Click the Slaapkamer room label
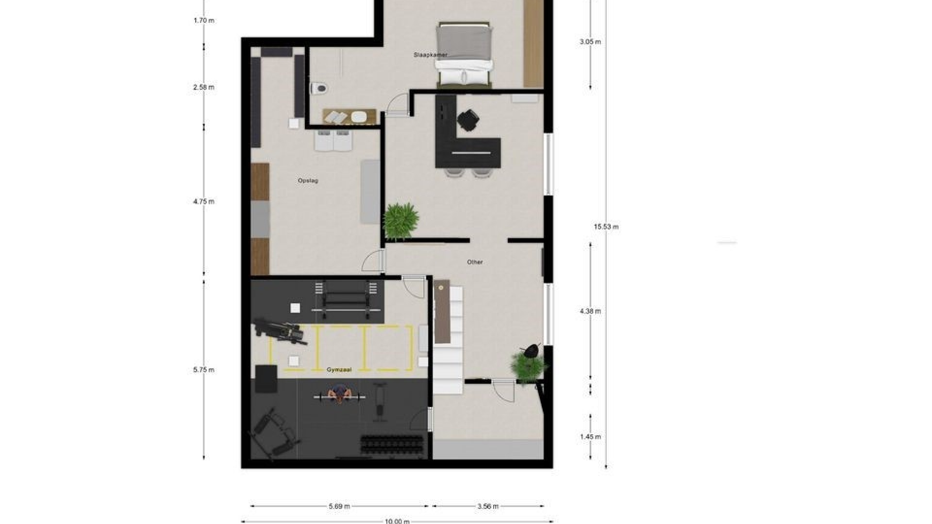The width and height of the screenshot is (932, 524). [x=430, y=55]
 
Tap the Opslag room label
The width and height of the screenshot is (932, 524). [x=308, y=180]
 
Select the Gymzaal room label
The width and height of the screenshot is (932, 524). [x=339, y=370]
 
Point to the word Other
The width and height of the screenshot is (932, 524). [x=475, y=262]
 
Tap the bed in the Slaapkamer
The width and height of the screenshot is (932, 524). [x=465, y=55]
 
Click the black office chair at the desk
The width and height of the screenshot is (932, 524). [x=467, y=120]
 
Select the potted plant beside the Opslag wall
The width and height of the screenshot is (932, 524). [x=400, y=221]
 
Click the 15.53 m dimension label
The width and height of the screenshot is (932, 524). [x=606, y=227]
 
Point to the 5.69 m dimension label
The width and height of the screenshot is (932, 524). [x=339, y=507]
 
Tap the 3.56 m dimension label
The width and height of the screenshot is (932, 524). [x=487, y=507]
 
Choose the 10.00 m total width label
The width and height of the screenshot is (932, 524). [x=397, y=521]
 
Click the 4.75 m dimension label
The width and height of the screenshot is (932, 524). [x=203, y=201]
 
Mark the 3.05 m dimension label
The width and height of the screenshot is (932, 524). [x=590, y=42]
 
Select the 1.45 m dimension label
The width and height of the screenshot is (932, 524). [x=590, y=437]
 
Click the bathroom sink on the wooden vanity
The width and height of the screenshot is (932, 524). [x=359, y=117]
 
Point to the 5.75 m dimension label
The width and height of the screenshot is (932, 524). [x=203, y=370]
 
